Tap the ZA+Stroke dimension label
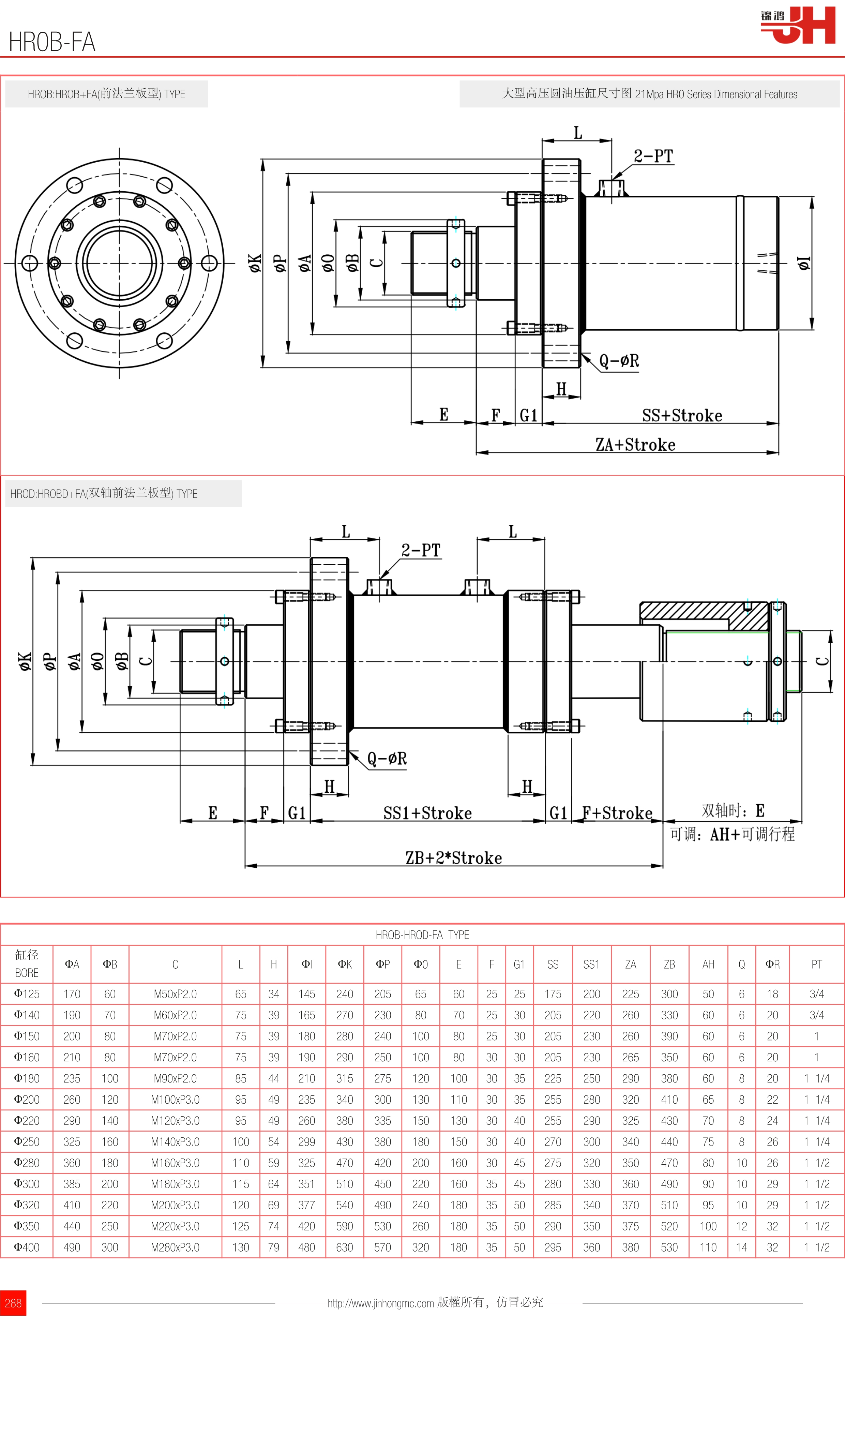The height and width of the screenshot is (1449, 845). coord(635,445)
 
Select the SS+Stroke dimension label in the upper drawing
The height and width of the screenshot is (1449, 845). coord(682,415)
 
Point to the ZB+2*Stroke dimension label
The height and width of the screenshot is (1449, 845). coord(454,858)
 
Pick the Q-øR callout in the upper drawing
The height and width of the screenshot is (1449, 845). coord(619,360)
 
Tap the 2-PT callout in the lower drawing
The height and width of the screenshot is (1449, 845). coord(421,550)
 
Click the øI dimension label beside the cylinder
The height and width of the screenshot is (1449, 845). coord(804,263)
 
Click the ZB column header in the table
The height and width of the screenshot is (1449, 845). coord(669,964)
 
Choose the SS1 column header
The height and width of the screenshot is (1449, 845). coord(591,964)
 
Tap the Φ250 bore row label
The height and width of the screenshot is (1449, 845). coord(27,1142)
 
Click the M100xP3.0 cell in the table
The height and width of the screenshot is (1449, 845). coord(175,1100)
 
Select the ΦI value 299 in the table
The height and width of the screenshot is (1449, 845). coord(306,1142)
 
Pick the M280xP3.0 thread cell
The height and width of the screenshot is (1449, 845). coord(175,1247)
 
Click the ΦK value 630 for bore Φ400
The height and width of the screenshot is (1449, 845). coord(344,1247)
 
